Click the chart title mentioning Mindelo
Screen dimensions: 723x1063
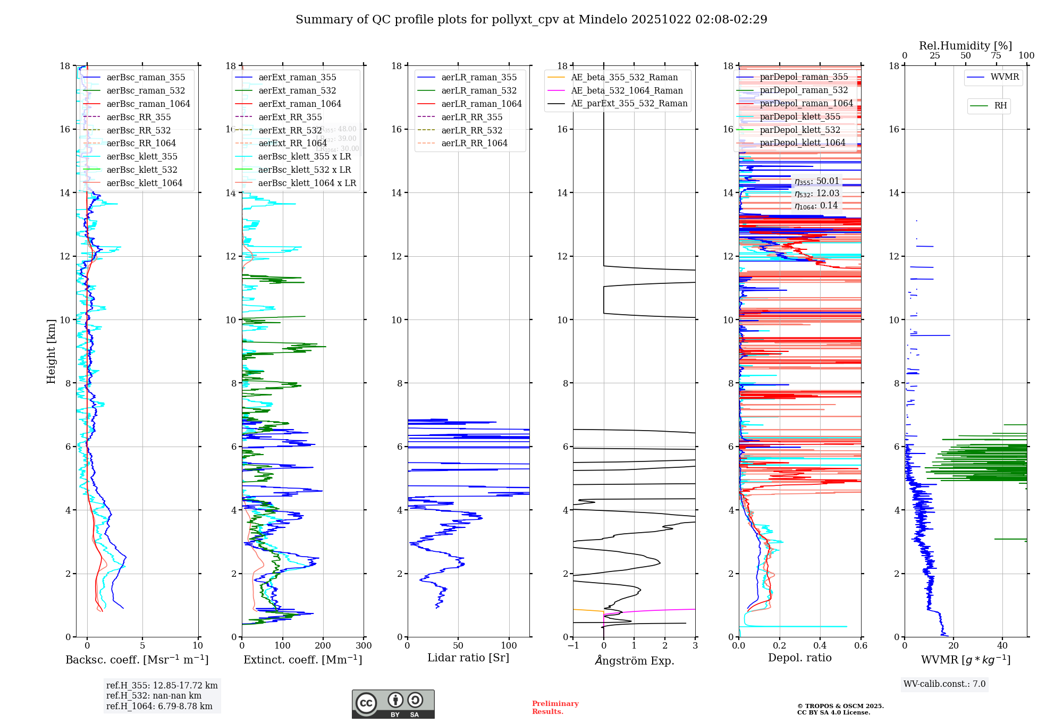click(x=531, y=20)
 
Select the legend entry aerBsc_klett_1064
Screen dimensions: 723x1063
click(x=144, y=183)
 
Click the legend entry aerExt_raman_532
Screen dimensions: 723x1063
click(x=297, y=91)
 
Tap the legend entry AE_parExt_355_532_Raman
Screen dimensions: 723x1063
click(x=629, y=104)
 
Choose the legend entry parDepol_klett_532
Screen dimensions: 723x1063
click(x=800, y=130)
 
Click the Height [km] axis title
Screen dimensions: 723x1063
click(x=51, y=351)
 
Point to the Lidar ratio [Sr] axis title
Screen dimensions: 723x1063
click(x=468, y=658)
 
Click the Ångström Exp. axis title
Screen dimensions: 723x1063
click(x=634, y=661)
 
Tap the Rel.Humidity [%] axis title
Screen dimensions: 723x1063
click(x=965, y=46)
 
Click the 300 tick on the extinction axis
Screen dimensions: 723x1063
click(x=364, y=646)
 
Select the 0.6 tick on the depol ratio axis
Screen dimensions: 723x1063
click(x=860, y=646)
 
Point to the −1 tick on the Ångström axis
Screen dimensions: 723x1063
click(x=573, y=646)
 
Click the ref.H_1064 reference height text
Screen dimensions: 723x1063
click(x=159, y=706)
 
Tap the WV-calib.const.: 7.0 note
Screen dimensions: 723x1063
click(x=944, y=684)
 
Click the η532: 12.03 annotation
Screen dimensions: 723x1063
click(x=817, y=194)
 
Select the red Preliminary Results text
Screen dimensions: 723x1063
click(x=555, y=708)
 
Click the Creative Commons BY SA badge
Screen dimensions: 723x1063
click(x=393, y=704)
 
